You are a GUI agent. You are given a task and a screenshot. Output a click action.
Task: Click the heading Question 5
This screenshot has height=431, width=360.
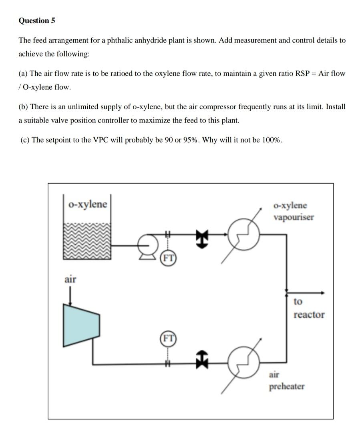36,21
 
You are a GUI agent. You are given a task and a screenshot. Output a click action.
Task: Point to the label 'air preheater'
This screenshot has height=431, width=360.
286,381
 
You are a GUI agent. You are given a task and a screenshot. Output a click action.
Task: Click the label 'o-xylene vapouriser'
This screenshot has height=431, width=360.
294,211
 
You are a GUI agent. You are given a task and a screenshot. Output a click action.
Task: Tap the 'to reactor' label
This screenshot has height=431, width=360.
308,308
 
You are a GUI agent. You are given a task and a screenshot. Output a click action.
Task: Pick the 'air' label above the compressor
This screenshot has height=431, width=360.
70,279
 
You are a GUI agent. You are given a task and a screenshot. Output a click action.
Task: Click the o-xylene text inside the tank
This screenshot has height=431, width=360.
88,204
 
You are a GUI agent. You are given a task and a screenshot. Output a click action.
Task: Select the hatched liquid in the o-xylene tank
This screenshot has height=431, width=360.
87,241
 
